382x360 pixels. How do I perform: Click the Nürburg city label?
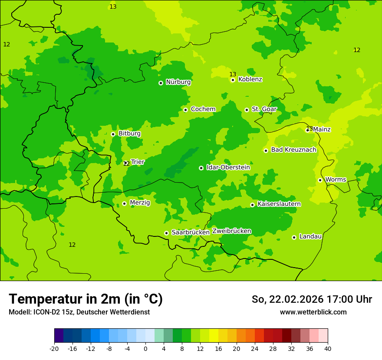click(x=178, y=82)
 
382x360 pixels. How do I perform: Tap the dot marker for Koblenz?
click(x=233, y=80)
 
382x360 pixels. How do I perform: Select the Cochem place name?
click(x=203, y=109)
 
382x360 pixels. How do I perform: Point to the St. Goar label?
click(x=264, y=109)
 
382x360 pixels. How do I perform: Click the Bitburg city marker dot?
click(x=113, y=134)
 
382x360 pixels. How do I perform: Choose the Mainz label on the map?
click(x=322, y=129)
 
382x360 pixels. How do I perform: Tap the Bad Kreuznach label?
click(x=293, y=150)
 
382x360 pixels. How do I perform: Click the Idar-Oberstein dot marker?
click(x=201, y=168)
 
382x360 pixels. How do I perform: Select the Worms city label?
click(x=336, y=180)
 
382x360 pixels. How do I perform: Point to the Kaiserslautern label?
click(x=279, y=204)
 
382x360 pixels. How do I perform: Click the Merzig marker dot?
click(x=124, y=203)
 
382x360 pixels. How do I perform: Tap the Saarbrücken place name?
click(x=191, y=232)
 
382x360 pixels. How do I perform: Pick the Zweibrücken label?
click(x=231, y=231)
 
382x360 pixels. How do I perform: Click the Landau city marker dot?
click(x=294, y=237)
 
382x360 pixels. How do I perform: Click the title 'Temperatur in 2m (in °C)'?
click(x=86, y=299)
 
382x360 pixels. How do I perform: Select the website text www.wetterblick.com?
click(x=313, y=312)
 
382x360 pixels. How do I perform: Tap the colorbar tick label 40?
click(x=328, y=348)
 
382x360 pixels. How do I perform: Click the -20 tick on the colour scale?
click(x=54, y=348)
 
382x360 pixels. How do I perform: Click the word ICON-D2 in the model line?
click(x=44, y=312)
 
